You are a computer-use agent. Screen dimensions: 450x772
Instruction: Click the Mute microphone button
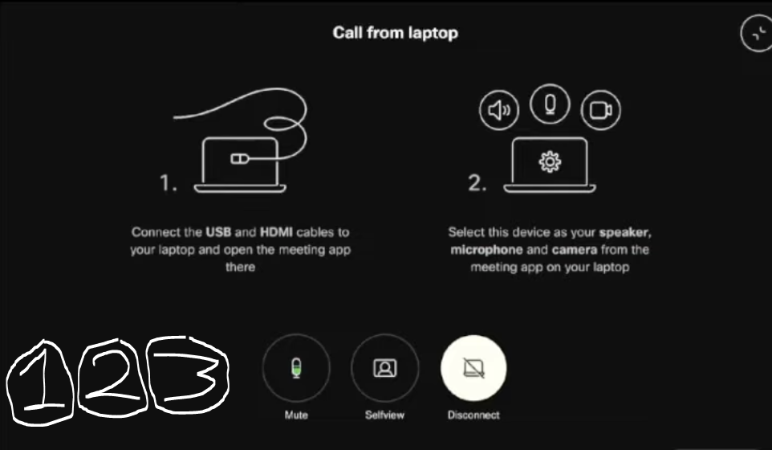[x=296, y=368]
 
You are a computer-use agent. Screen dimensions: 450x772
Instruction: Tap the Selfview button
[x=385, y=368]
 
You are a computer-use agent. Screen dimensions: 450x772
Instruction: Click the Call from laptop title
[x=396, y=34]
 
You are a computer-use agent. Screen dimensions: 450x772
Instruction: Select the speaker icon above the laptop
[x=499, y=111]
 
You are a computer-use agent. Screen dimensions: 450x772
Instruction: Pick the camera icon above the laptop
[x=599, y=111]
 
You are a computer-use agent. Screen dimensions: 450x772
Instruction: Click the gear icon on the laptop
[x=550, y=162]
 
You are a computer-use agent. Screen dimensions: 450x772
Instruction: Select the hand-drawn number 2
[x=110, y=376]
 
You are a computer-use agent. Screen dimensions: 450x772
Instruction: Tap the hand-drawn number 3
[x=187, y=373]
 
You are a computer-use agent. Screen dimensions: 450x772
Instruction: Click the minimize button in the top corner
[x=756, y=35]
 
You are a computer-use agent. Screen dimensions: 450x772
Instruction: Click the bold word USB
[x=218, y=232]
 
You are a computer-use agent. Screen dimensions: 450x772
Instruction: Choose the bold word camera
[x=573, y=250]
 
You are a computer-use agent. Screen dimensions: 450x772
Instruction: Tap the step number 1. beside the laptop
[x=169, y=183]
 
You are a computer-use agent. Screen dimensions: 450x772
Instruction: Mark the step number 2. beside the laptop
[x=477, y=183]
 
